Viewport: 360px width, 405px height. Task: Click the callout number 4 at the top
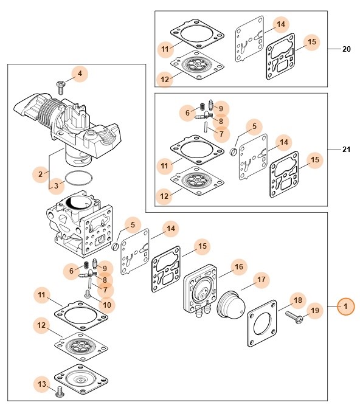pyautogui.click(x=80, y=74)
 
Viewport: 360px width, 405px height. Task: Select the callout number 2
pyautogui.click(x=41, y=174)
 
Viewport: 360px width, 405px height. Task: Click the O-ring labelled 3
pyautogui.click(x=79, y=178)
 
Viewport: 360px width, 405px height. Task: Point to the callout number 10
pyautogui.click(x=107, y=305)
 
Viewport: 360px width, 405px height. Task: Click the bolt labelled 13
pyautogui.click(x=60, y=391)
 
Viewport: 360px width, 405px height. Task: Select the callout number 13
pyautogui.click(x=42, y=384)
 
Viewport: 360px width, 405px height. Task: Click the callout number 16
pyautogui.click(x=239, y=266)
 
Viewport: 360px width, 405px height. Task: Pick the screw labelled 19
pyautogui.click(x=294, y=317)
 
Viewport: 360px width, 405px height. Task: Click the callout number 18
pyautogui.click(x=298, y=300)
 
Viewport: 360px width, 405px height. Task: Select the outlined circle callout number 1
pyautogui.click(x=345, y=306)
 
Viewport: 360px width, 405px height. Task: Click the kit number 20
pyautogui.click(x=346, y=49)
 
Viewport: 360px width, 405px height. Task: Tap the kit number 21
pyautogui.click(x=346, y=150)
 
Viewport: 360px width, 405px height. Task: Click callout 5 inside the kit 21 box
pyautogui.click(x=254, y=126)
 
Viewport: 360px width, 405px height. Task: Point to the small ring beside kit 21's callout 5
pyautogui.click(x=233, y=151)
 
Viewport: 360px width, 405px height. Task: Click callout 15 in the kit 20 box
pyautogui.click(x=312, y=41)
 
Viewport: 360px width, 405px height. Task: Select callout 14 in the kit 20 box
pyautogui.click(x=281, y=24)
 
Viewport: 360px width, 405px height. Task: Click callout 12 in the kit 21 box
pyautogui.click(x=164, y=196)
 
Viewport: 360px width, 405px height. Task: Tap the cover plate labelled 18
pyautogui.click(x=262, y=324)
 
